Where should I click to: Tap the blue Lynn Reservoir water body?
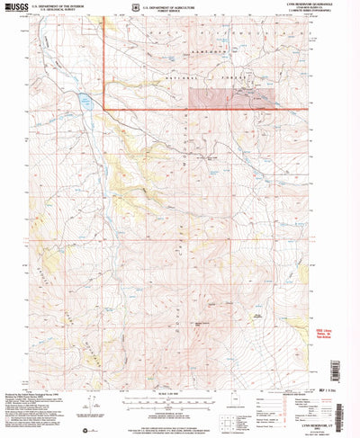coord(86,101)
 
